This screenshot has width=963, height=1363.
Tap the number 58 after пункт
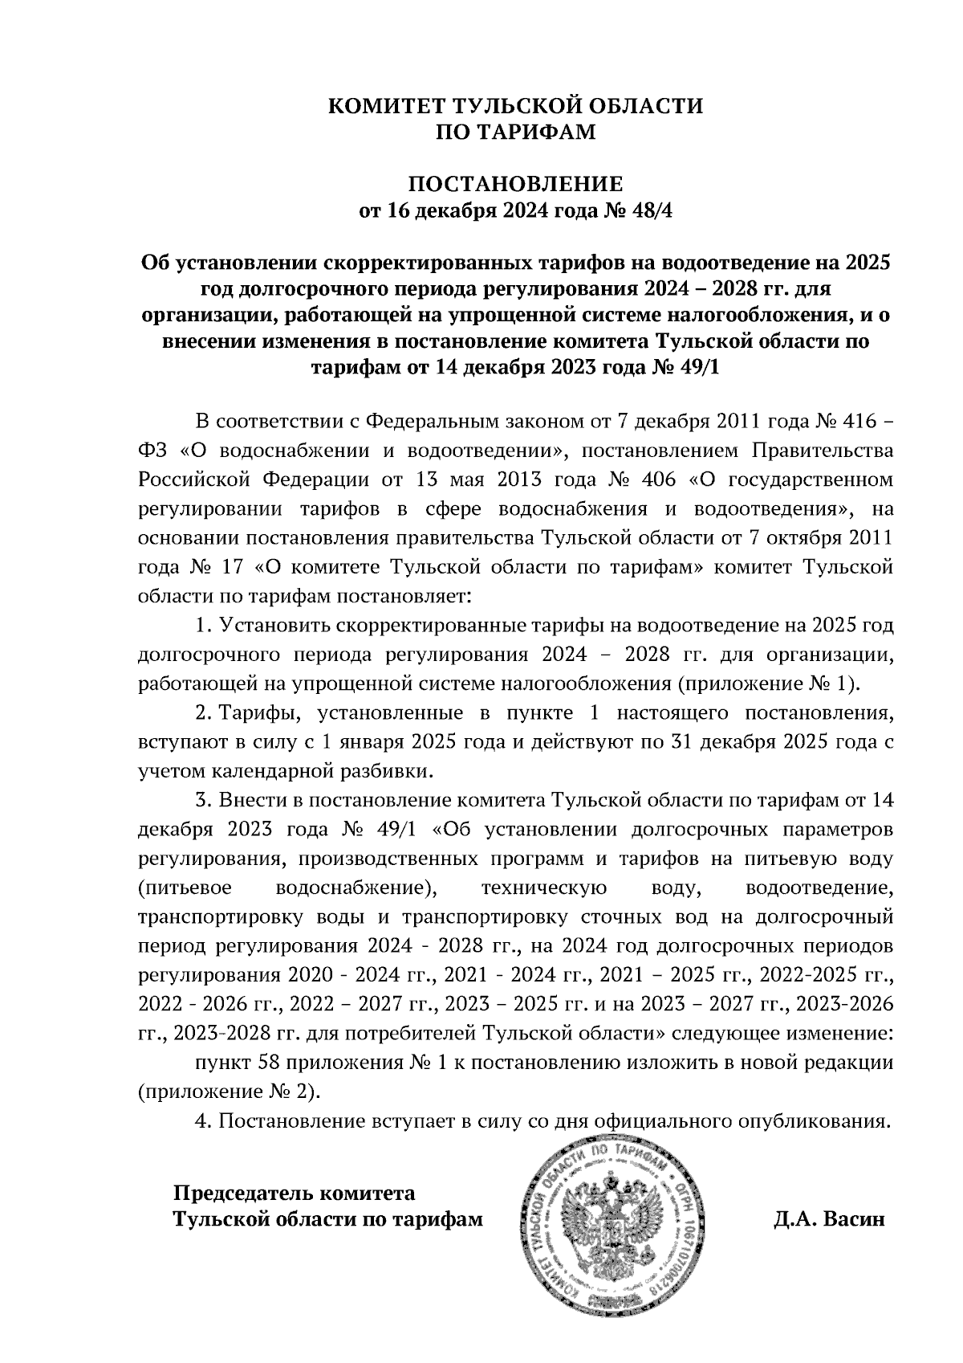pos(269,1063)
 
